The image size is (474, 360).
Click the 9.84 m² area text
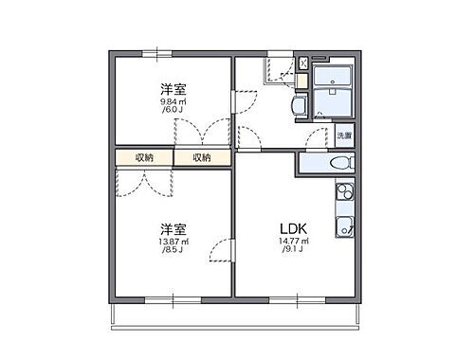coord(172,100)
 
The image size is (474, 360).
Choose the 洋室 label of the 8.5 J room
coord(172,229)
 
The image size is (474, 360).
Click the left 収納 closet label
coord(144,157)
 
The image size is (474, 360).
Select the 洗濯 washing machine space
coord(343,136)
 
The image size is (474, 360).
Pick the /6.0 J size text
coord(172,110)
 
